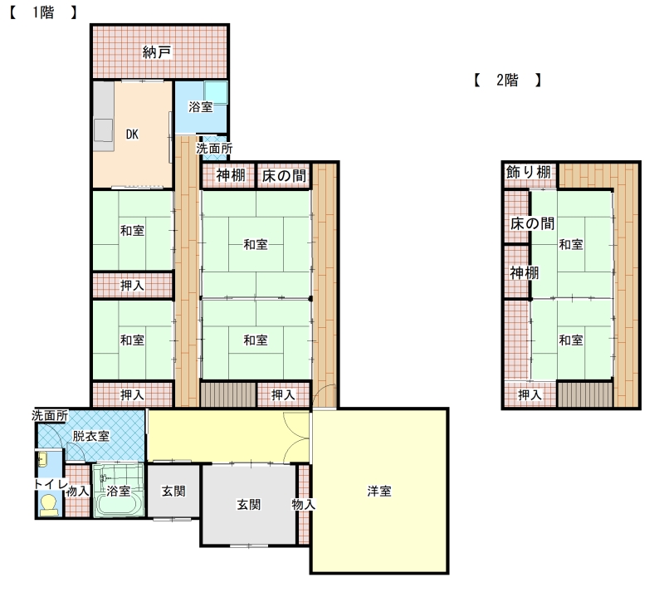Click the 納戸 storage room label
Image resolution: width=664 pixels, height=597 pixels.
157,52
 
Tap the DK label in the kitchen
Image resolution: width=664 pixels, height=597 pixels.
132,135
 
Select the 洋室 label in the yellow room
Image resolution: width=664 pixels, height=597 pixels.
379,491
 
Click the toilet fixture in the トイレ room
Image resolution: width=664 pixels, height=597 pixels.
48,505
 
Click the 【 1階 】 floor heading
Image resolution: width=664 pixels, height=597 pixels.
43,12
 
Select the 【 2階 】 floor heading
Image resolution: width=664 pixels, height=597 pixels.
507,80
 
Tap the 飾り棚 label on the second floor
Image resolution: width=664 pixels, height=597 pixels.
529,172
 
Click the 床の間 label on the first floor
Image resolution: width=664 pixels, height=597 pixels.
284,176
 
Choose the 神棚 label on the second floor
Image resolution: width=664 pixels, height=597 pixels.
525,272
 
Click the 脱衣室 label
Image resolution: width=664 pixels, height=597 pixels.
91,436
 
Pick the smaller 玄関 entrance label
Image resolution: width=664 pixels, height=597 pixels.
173,491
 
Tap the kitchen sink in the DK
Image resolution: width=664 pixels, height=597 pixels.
103,130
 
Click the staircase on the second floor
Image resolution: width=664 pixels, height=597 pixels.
585,395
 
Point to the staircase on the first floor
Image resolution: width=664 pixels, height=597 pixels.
228,395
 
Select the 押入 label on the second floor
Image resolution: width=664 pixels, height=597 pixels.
530,395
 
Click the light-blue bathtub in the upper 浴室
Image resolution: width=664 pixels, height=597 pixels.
216,93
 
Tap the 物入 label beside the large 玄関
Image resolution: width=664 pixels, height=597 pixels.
303,505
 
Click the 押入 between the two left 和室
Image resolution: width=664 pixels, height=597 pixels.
132,286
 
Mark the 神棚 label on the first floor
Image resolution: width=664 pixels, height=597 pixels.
231,175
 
